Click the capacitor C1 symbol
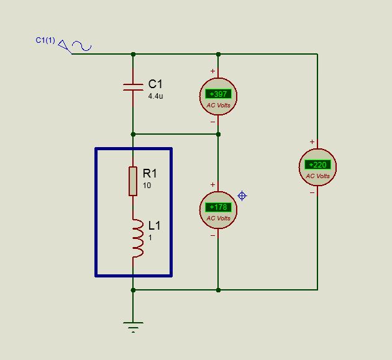(x=133, y=87)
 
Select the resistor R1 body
(x=133, y=181)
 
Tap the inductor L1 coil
(x=138, y=238)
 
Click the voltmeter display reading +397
(x=218, y=94)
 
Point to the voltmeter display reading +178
(x=218, y=207)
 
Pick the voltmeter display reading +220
(x=317, y=165)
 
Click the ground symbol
(x=133, y=327)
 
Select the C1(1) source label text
(x=45, y=40)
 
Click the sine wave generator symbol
(x=82, y=46)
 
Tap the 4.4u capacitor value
(x=155, y=96)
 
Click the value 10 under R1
(x=147, y=186)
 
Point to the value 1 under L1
(x=150, y=238)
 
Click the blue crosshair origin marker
(x=242, y=196)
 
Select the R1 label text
(x=150, y=173)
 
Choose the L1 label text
(x=154, y=225)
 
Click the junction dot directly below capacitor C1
(x=133, y=135)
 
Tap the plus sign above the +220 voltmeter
(x=312, y=142)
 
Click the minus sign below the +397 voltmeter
(x=212, y=122)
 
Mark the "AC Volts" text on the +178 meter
(x=218, y=218)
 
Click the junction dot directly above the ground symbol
(x=133, y=290)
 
